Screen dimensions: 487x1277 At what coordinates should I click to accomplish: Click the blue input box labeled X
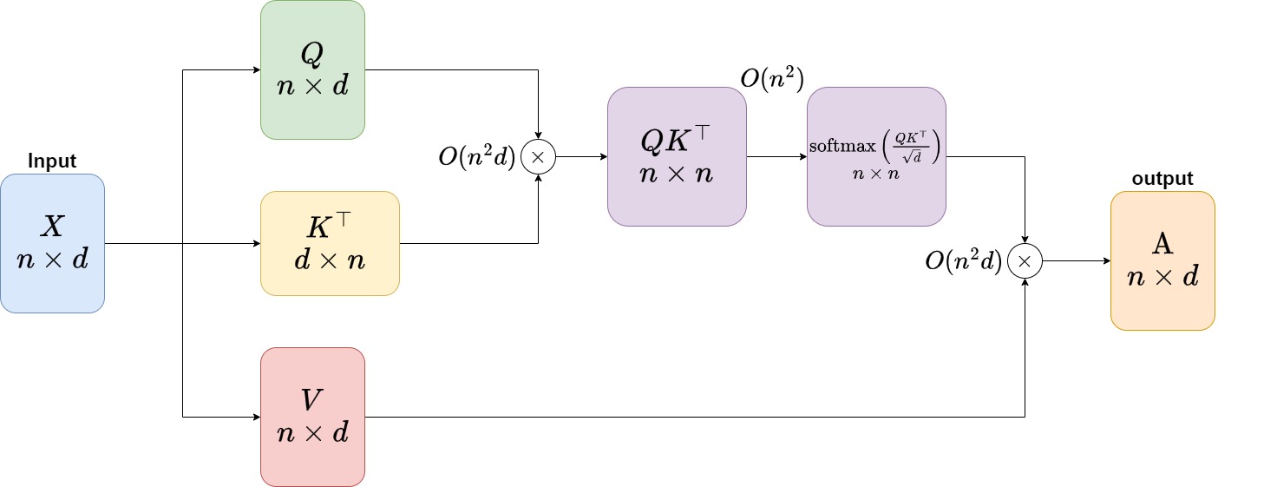click(x=52, y=243)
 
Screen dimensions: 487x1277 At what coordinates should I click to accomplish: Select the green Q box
click(x=312, y=69)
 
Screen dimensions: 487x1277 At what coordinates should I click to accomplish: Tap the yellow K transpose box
click(x=330, y=243)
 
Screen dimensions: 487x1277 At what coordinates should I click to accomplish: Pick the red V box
click(x=312, y=417)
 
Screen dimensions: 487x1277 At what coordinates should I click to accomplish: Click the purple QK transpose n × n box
click(x=677, y=156)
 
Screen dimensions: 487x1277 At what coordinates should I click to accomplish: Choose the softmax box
click(x=876, y=156)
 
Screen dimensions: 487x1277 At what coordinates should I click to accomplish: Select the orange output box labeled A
click(x=1162, y=260)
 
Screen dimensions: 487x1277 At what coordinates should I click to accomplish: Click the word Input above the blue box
click(x=52, y=161)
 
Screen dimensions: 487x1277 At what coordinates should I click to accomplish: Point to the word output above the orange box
click(x=1162, y=178)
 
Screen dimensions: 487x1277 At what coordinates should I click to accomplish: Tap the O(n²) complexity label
click(x=771, y=78)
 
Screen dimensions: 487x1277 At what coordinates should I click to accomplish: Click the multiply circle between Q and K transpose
click(x=538, y=156)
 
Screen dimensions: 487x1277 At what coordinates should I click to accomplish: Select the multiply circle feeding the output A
click(x=1025, y=260)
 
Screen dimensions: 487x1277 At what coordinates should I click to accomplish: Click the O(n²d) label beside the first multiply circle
click(x=477, y=157)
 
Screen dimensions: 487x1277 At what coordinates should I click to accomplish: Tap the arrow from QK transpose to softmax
click(x=776, y=156)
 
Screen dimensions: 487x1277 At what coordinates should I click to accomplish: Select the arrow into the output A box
click(x=1076, y=260)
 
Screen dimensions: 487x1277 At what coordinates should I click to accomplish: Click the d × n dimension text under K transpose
click(x=330, y=260)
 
